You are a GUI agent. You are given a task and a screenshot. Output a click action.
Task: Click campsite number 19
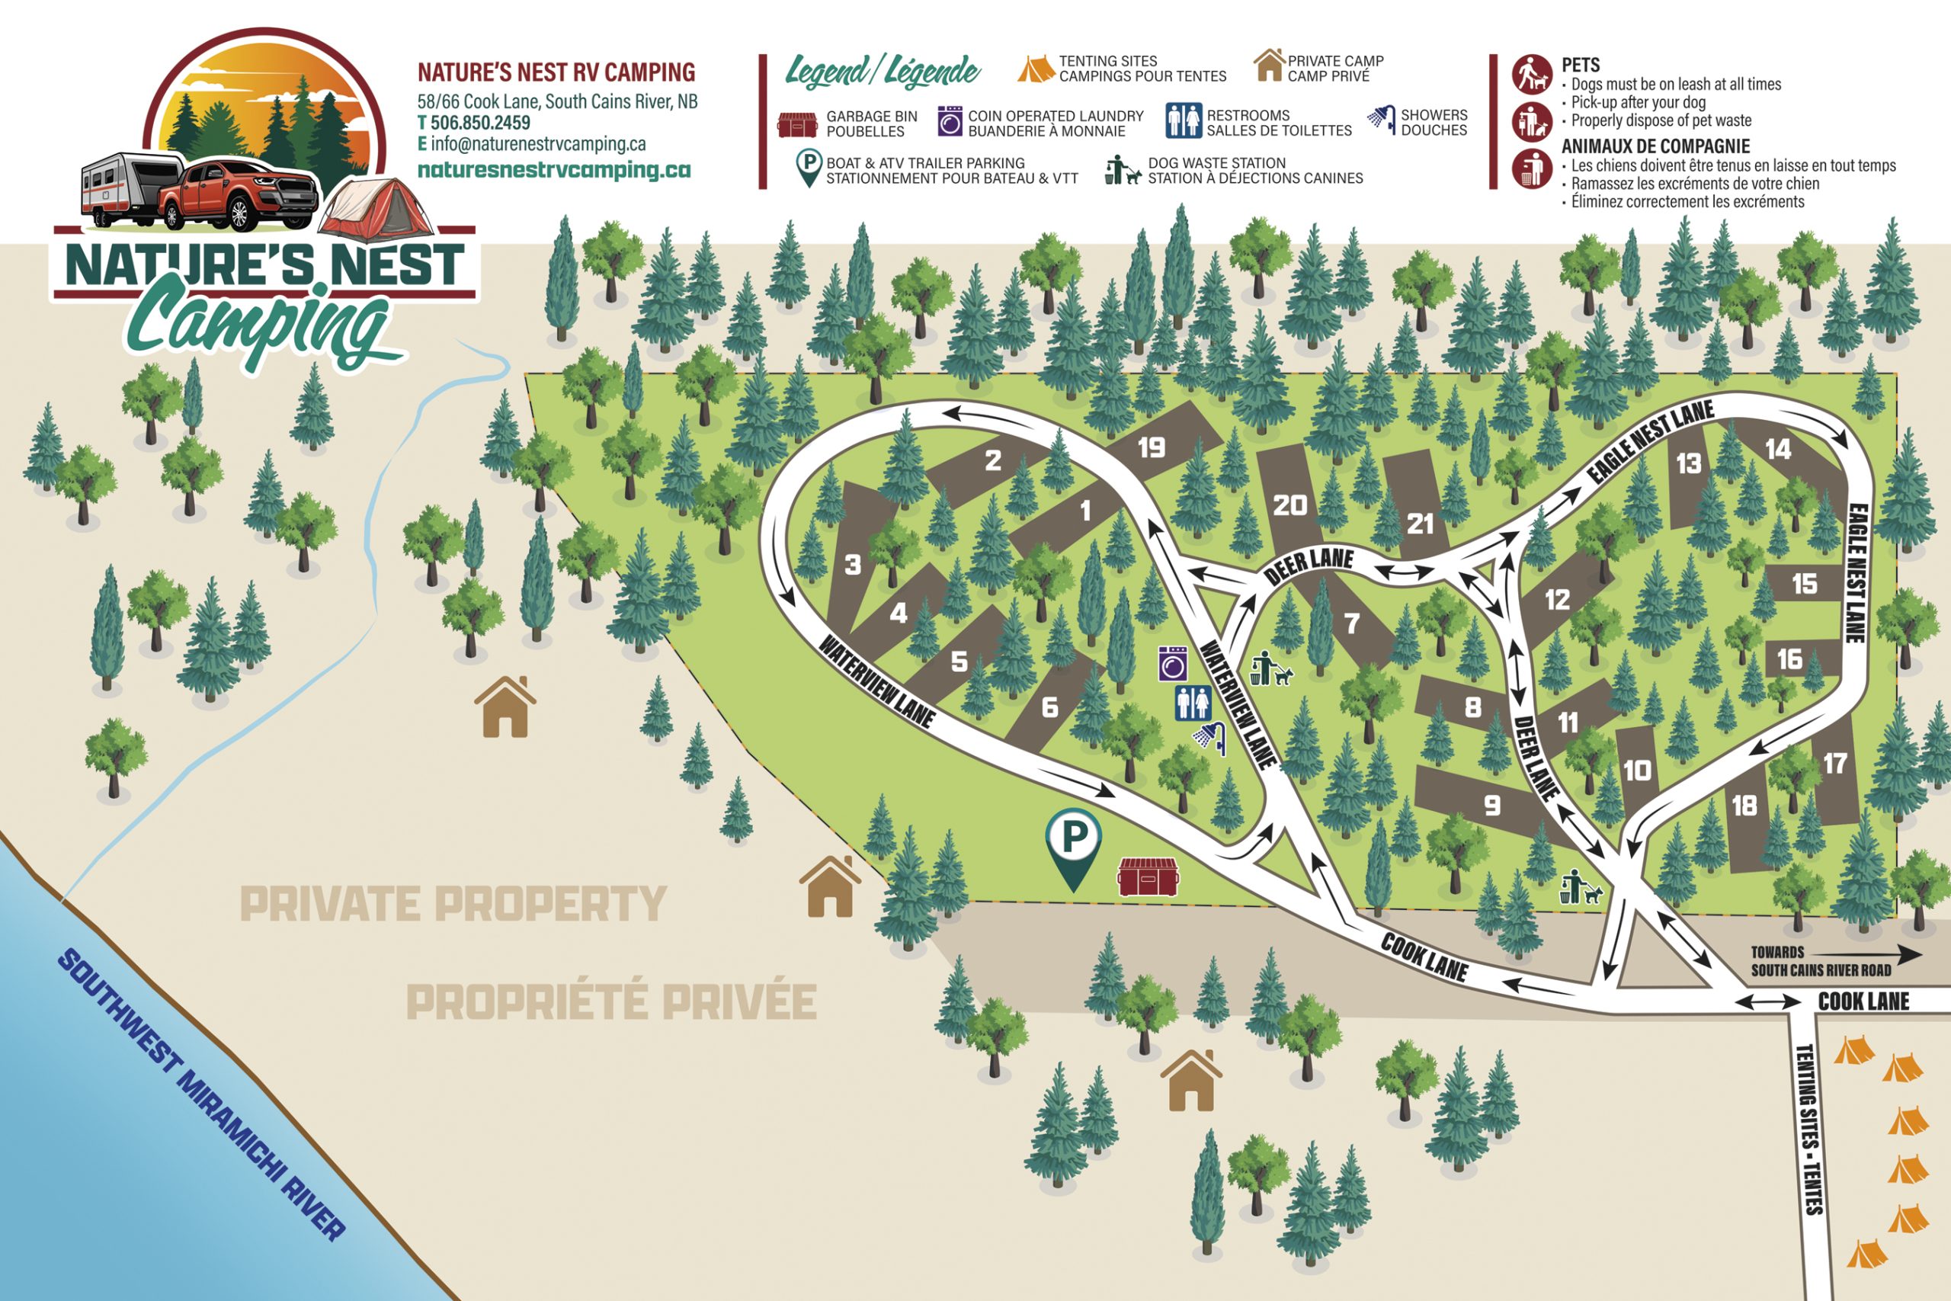[1152, 449]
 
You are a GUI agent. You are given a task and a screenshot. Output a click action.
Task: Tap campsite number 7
[1352, 623]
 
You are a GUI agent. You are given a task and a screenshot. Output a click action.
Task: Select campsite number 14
[1779, 450]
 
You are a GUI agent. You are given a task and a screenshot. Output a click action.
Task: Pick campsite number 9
[1492, 805]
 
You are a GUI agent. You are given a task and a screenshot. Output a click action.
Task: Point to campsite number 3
[853, 565]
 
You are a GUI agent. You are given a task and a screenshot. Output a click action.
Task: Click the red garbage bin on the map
[1146, 877]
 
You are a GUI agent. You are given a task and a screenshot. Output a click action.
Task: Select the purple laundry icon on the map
[1173, 664]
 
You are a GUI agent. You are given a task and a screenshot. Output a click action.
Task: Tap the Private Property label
[453, 904]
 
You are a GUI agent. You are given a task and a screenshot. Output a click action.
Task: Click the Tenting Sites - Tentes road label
[1808, 1129]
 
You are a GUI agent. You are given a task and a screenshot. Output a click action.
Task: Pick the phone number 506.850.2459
[479, 123]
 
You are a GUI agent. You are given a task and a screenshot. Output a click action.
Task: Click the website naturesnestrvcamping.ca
[553, 170]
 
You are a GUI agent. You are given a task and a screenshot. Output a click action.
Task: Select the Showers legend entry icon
[1381, 121]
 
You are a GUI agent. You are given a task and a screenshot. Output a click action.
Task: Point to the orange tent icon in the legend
[1035, 69]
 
